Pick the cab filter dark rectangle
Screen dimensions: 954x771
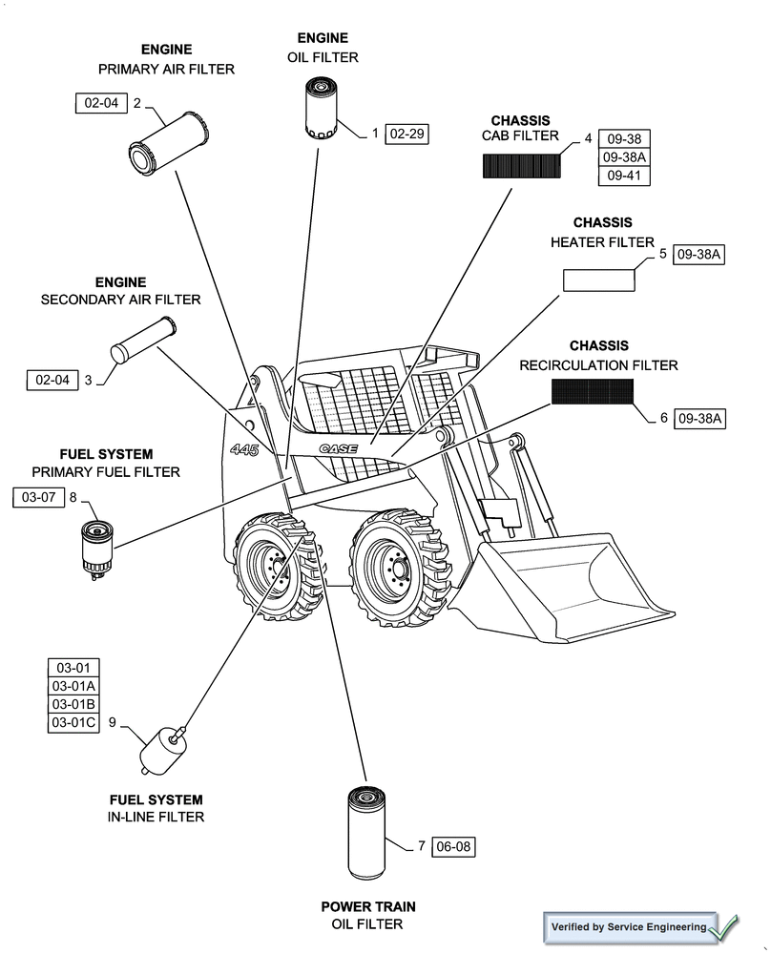pos(520,167)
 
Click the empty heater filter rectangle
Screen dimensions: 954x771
pos(598,280)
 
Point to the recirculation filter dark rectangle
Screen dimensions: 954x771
pos(592,391)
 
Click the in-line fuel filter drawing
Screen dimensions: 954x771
pos(158,750)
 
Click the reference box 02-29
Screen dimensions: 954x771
pos(407,134)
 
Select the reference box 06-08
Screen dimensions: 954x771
pos(453,846)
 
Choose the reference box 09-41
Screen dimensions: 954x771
pos(623,176)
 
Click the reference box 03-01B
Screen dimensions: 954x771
pos(73,704)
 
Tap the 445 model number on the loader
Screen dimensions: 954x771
pos(244,448)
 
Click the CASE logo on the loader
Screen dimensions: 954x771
pos(338,447)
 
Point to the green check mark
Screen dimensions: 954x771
pos(724,925)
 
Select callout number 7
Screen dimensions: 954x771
pos(421,846)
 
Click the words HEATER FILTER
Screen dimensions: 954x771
pos(602,242)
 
